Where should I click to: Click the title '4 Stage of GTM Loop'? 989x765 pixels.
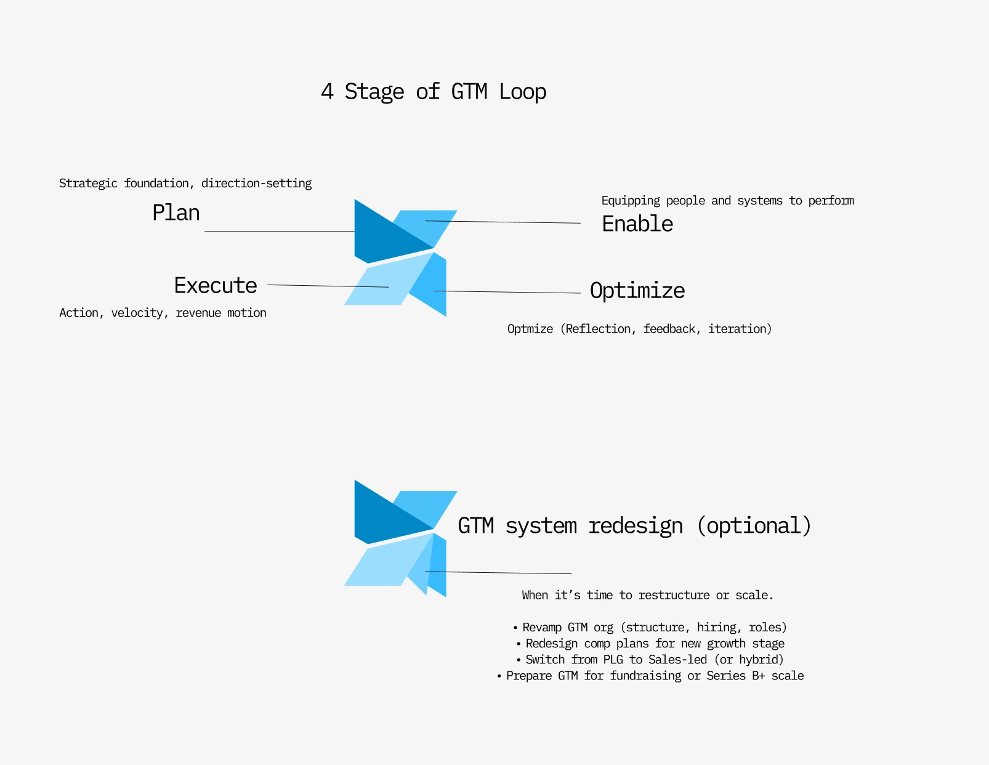pyautogui.click(x=434, y=92)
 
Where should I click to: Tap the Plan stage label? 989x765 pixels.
pyautogui.click(x=176, y=212)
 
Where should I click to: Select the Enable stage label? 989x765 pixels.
pyautogui.click(x=637, y=224)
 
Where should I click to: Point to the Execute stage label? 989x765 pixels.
pyautogui.click(x=216, y=285)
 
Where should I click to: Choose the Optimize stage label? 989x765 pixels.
pyautogui.click(x=637, y=291)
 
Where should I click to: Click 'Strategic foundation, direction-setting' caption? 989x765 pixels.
pyautogui.click(x=185, y=184)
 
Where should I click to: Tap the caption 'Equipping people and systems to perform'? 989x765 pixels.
pyautogui.click(x=728, y=201)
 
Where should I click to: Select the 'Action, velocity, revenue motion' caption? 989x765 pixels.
pyautogui.click(x=163, y=313)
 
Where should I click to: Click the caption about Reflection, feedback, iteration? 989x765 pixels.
pyautogui.click(x=639, y=329)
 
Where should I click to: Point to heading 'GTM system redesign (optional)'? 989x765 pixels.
pyautogui.click(x=634, y=525)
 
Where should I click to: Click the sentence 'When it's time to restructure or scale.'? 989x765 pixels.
pyautogui.click(x=648, y=595)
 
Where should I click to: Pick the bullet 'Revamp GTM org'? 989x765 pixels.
pyautogui.click(x=650, y=628)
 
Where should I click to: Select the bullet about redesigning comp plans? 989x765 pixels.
pyautogui.click(x=651, y=644)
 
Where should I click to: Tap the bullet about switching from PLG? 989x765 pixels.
pyautogui.click(x=650, y=660)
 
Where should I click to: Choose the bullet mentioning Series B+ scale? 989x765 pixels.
pyautogui.click(x=650, y=676)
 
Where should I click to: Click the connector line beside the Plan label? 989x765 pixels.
pyautogui.click(x=280, y=231)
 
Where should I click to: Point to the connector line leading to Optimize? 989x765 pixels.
pyautogui.click(x=507, y=292)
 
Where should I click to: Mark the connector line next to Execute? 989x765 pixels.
pyautogui.click(x=328, y=286)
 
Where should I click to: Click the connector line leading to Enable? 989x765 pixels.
pyautogui.click(x=503, y=222)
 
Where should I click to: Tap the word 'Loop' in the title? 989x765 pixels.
pyautogui.click(x=523, y=92)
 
